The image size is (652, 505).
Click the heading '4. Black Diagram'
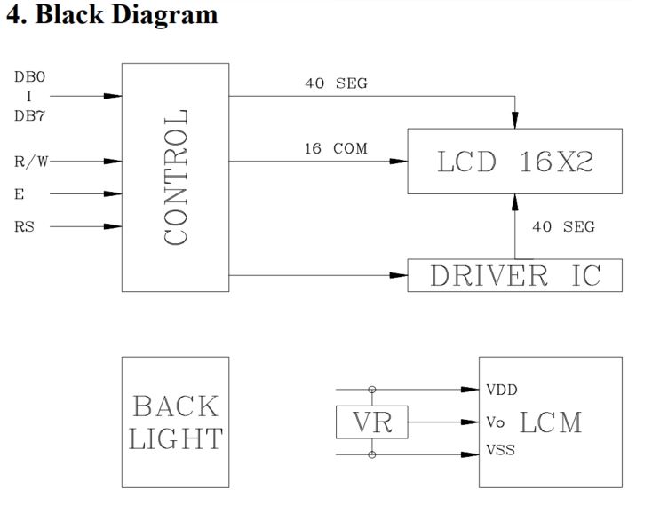[x=111, y=15]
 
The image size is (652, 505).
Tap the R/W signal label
[x=31, y=162]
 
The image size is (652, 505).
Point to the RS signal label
[x=25, y=226]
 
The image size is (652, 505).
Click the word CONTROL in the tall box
[x=176, y=178]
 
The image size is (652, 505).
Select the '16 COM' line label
[x=335, y=148]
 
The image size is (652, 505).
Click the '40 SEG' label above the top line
[x=336, y=83]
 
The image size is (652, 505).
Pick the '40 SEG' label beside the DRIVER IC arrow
[x=563, y=226]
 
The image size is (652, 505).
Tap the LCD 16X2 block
[x=514, y=162]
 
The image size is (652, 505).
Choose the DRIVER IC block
[x=514, y=275]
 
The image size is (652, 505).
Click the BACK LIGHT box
[x=175, y=422]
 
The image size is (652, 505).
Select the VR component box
[x=371, y=422]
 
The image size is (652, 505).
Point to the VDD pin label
[x=502, y=390]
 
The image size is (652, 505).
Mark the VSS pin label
[x=501, y=452]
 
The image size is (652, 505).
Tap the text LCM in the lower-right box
[x=551, y=422]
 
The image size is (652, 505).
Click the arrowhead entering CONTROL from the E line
[x=113, y=193]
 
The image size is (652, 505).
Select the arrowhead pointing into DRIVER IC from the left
[x=399, y=275]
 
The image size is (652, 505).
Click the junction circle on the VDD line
[x=371, y=389]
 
